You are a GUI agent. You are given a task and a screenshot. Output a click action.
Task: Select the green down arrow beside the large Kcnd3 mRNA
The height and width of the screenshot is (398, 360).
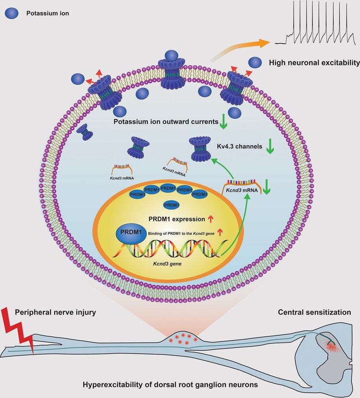tap(267, 187)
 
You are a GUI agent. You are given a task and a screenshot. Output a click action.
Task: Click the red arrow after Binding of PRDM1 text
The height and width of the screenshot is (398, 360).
tap(220, 233)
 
